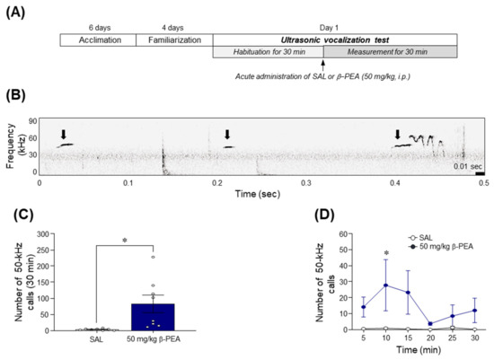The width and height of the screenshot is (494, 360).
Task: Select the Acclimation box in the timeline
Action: click(x=97, y=40)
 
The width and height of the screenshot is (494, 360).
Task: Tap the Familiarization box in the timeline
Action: click(x=173, y=40)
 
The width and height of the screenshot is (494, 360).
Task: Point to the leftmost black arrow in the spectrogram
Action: click(x=63, y=135)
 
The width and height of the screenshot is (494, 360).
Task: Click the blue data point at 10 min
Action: click(x=335, y=285)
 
